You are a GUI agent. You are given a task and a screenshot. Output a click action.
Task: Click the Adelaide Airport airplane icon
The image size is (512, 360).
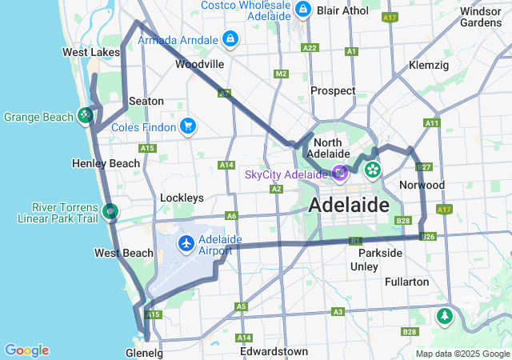[x=187, y=242]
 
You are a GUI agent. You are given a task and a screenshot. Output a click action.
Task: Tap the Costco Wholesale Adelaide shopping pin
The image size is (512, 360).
[x=303, y=9]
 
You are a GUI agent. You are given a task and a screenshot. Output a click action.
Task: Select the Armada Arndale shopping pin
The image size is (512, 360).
[x=230, y=38]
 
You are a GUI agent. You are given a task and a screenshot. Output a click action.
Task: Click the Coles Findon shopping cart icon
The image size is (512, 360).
[x=188, y=126]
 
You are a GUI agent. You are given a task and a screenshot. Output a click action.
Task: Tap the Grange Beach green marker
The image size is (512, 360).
[x=85, y=116]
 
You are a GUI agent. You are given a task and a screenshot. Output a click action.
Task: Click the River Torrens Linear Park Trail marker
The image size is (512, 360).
[x=110, y=212]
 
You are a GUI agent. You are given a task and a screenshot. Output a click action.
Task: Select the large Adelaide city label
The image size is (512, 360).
[x=349, y=205]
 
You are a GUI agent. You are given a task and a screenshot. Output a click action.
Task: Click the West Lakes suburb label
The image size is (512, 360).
[x=86, y=52]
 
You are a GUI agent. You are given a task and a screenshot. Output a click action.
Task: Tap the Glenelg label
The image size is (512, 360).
[x=144, y=352]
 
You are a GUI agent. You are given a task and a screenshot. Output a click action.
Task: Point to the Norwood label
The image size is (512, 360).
[x=422, y=185]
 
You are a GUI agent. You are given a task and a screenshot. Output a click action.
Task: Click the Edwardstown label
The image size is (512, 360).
[x=274, y=351]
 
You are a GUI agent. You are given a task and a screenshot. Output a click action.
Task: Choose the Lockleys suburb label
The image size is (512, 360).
[x=182, y=198]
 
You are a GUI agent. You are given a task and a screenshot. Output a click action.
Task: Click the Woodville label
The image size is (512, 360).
[x=199, y=64]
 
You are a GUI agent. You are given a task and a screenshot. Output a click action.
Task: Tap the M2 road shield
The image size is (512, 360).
[x=281, y=74]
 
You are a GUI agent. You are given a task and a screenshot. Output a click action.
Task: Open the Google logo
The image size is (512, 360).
[x=26, y=350]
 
